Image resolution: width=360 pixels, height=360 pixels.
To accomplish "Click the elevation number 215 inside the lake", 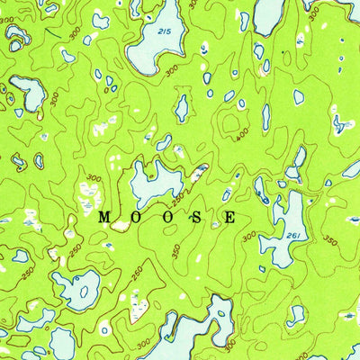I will [162, 31].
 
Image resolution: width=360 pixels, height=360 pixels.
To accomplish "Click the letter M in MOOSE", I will [103, 217].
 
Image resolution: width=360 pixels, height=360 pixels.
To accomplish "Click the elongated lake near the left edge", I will [27, 92].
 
